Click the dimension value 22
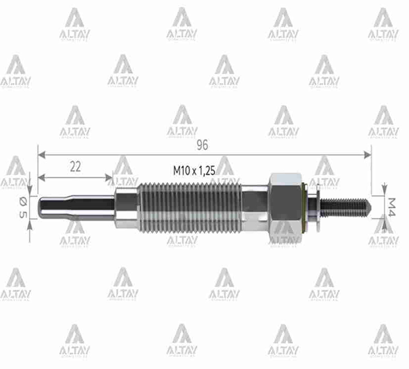pyautogui.click(x=75, y=167)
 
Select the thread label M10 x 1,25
pyautogui.click(x=194, y=170)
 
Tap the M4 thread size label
pyautogui.click(x=392, y=207)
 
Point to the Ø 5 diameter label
pyautogui.click(x=22, y=208)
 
